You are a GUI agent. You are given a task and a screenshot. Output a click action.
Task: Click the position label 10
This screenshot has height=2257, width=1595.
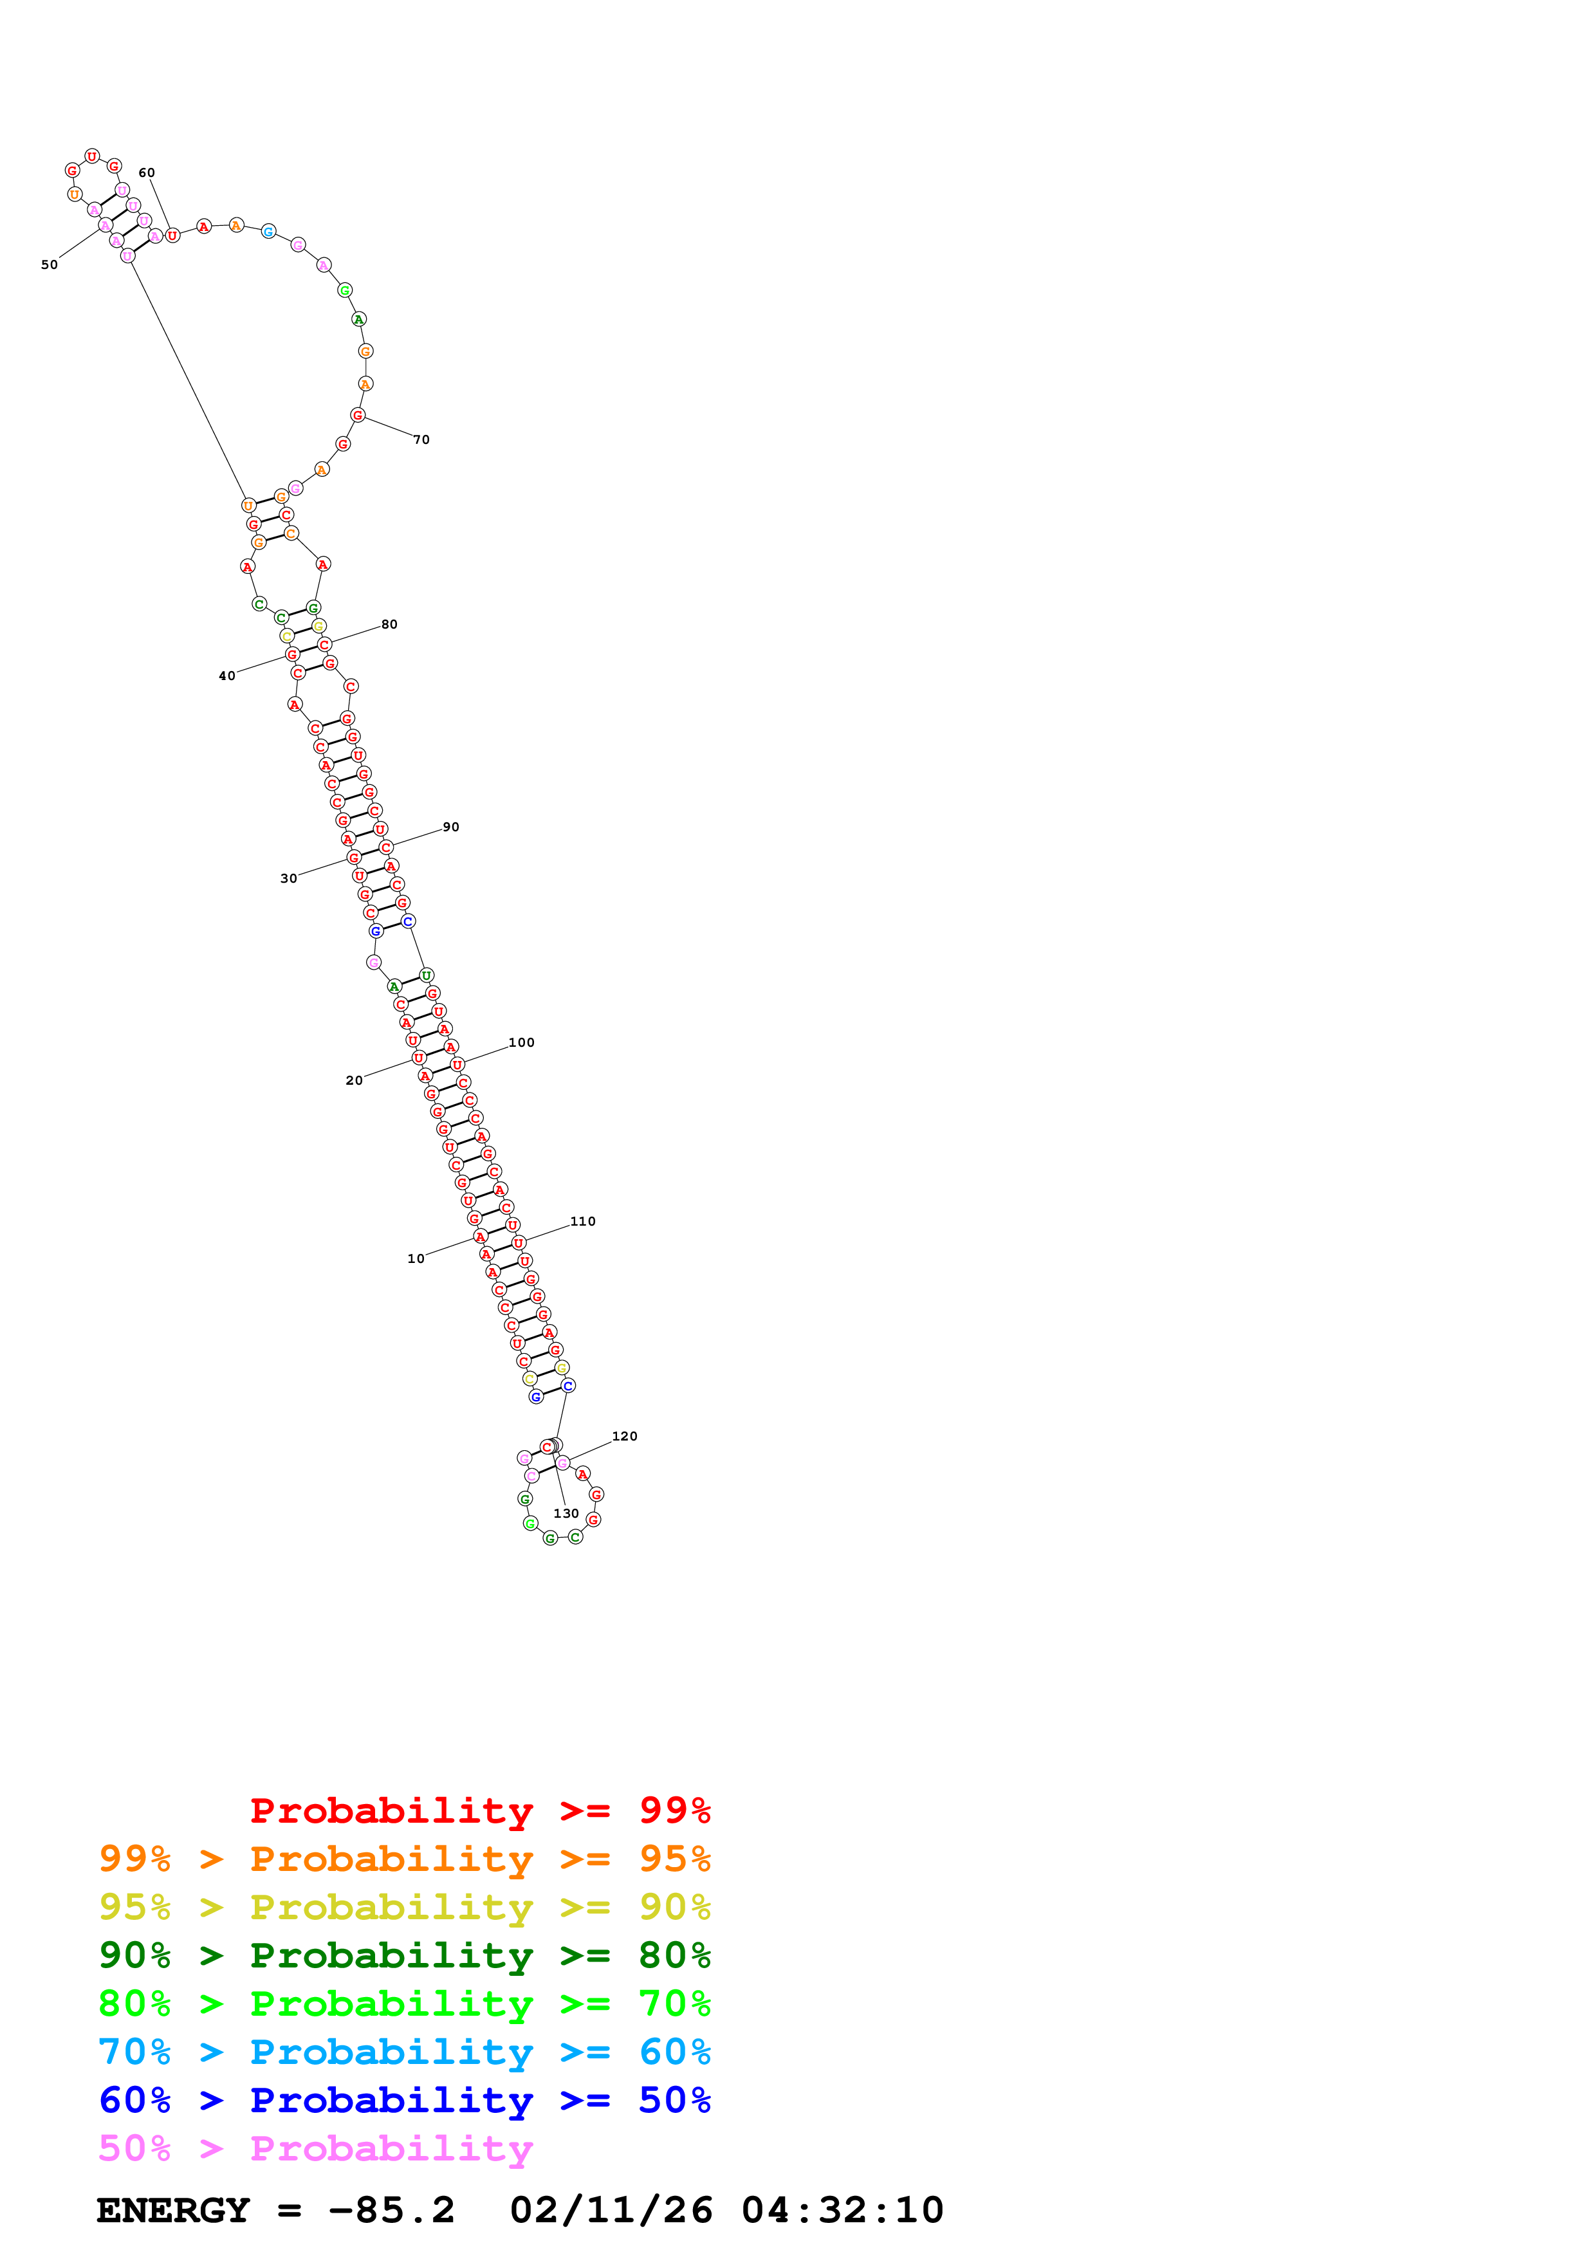pos(416,1258)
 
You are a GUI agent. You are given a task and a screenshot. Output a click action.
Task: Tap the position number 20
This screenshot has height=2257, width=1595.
pos(354,1080)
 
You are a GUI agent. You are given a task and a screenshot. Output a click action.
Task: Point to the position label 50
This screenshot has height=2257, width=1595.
pos(49,264)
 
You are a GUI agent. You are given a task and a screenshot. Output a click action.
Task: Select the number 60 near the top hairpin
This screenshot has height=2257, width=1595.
pos(147,173)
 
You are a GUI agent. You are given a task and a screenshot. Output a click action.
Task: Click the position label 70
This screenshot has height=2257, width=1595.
pos(421,439)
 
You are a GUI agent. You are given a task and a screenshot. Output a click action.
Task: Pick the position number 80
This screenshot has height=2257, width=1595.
pos(389,624)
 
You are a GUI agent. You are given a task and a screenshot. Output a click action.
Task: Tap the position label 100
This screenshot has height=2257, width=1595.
pos(522,1042)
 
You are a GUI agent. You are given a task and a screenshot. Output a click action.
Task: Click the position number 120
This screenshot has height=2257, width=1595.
pos(625,1436)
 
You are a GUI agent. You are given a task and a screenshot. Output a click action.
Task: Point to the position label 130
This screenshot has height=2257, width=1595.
pos(566,1513)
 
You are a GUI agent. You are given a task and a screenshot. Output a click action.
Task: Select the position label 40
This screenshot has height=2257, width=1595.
pos(227,676)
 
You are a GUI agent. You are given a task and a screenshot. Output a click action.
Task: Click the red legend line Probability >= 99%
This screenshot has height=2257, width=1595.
pos(479,1810)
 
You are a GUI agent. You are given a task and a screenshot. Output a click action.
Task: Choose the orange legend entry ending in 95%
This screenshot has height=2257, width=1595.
pos(404,1859)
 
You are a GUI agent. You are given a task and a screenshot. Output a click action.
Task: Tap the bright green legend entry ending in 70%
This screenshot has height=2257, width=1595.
pos(404,2004)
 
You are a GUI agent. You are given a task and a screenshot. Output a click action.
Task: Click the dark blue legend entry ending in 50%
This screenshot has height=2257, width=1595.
pos(404,2100)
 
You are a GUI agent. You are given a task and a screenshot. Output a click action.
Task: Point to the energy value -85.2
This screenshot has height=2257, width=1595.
pos(391,2211)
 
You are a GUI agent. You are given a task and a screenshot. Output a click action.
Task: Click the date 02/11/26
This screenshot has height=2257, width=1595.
pos(611,2211)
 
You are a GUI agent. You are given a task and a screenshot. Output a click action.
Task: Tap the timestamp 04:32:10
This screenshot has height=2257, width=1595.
pos(842,2211)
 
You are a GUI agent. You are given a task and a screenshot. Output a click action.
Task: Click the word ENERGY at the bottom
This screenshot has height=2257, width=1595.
pos(173,2211)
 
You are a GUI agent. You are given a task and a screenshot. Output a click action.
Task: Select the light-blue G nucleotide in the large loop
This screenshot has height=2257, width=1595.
pos(268,232)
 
